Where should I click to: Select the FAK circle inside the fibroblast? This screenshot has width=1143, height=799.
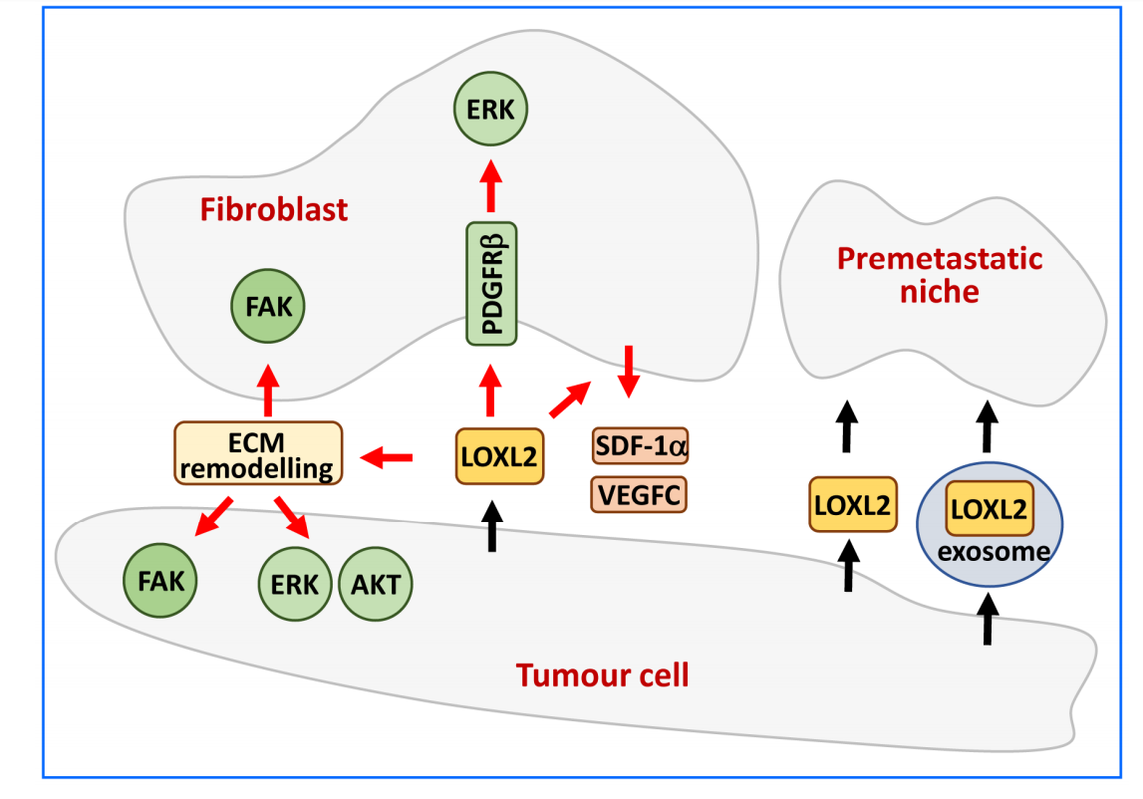click(x=268, y=307)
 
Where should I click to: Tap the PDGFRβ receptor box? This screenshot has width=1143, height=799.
click(x=491, y=284)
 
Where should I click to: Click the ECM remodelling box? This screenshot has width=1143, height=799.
click(x=258, y=452)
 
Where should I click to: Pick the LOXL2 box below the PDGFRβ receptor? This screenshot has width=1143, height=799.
click(x=499, y=456)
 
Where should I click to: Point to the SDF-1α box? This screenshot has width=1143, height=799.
click(x=640, y=445)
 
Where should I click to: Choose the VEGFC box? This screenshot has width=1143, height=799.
click(x=640, y=493)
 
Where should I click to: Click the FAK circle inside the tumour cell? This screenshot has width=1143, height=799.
click(x=160, y=580)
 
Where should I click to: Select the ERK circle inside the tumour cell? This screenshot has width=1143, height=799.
click(x=295, y=584)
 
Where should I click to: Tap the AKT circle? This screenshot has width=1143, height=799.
click(x=376, y=584)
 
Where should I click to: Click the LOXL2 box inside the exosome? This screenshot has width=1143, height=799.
click(x=989, y=509)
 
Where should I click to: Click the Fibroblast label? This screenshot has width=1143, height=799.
click(x=274, y=210)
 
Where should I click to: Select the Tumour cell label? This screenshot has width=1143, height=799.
click(x=602, y=675)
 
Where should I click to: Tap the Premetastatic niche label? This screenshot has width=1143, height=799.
click(x=940, y=276)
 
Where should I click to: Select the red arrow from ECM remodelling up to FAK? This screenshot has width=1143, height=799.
click(x=267, y=390)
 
